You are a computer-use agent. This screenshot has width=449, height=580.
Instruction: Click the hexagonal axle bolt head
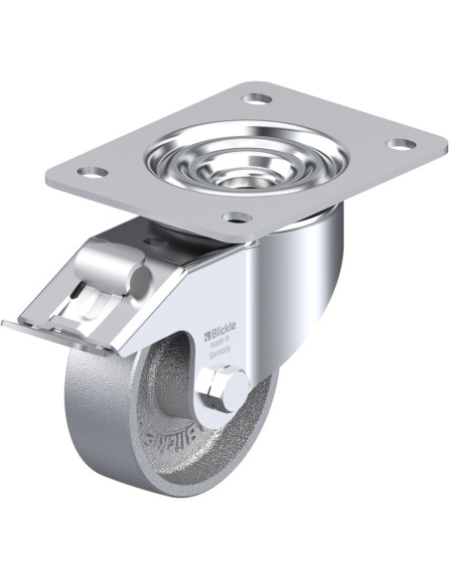point(220,388)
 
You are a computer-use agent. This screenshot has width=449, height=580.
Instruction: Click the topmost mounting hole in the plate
point(256,99)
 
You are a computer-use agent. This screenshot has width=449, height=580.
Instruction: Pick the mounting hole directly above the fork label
point(234,216)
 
